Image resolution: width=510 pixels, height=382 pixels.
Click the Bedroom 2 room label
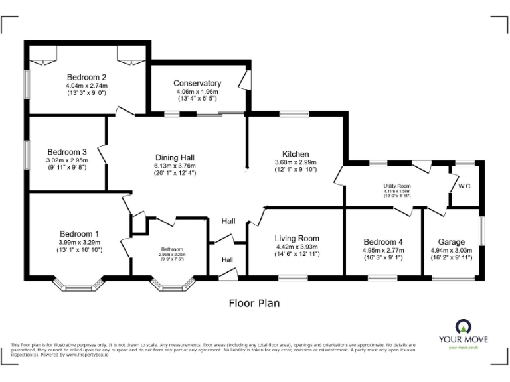86,76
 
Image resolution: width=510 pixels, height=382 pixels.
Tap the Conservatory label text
197,83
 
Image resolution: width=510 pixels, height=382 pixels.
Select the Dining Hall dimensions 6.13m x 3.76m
175,166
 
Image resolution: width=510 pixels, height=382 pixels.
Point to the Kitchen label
296,153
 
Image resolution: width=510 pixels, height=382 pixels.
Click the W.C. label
465,186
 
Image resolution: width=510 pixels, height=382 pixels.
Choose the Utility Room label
397,186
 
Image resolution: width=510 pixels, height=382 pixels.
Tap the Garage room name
452,241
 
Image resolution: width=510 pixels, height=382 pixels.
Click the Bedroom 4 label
384,241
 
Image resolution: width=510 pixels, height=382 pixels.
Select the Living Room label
297,238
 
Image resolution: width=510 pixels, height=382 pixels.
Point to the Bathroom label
172,249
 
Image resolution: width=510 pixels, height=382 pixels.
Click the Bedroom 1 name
79,233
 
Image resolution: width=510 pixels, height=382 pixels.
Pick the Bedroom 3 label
66,151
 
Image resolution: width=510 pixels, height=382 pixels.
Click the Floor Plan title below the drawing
254,304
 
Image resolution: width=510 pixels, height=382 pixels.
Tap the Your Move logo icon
462,326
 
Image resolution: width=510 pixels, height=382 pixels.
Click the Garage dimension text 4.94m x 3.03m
451,250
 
